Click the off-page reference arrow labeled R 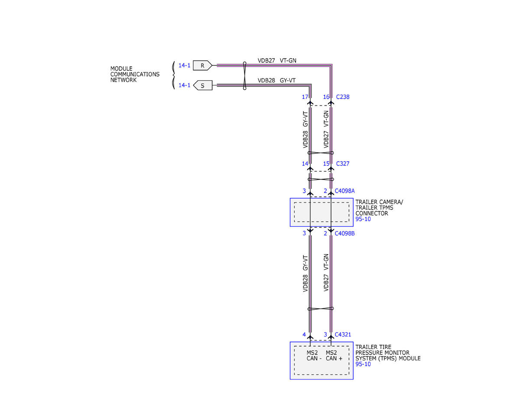point(202,65)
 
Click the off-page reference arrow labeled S point(202,85)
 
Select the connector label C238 point(343,97)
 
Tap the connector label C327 point(343,164)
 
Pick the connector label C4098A point(344,191)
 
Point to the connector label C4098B point(344,233)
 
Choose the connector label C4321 point(343,334)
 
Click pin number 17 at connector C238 point(305,97)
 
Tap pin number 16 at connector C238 point(326,97)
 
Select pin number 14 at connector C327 point(305,164)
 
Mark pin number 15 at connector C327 point(326,164)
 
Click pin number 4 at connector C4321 point(304,334)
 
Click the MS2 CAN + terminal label point(334,356)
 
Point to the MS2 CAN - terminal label point(314,356)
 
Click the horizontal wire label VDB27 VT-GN point(277,61)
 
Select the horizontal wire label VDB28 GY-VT point(276,81)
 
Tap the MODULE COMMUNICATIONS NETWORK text point(135,74)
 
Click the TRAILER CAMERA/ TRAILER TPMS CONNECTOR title point(379,208)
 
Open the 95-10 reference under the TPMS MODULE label point(363,364)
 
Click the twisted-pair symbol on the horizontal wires point(244,75)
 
